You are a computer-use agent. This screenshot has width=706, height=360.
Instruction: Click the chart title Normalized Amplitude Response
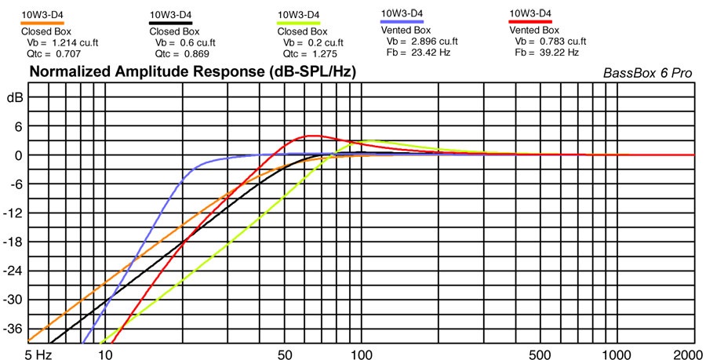click(192, 72)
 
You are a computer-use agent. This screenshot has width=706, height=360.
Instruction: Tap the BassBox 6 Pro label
click(647, 73)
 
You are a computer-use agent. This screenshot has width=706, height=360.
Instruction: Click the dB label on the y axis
click(14, 98)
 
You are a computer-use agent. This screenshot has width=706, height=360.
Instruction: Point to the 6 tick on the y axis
click(15, 126)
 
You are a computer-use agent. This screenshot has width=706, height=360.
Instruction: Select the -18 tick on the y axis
click(13, 242)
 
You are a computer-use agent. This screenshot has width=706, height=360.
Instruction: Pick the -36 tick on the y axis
click(13, 329)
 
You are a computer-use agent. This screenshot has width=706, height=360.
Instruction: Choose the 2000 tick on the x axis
click(688, 353)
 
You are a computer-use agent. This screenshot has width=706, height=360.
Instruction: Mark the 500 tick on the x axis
click(540, 353)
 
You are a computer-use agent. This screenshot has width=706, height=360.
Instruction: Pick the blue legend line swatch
click(402, 22)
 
